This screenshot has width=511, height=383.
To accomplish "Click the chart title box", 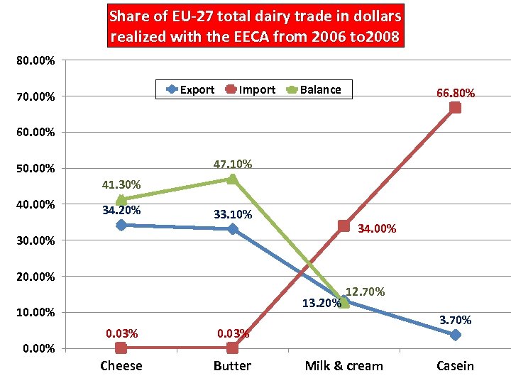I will [255, 27].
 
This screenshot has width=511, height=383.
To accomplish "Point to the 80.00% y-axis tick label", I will [35, 60].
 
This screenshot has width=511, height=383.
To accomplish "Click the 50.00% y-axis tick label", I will [35, 169].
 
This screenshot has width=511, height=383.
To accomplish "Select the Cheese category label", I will [121, 366].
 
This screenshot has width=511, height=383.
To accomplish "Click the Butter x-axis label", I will [232, 366].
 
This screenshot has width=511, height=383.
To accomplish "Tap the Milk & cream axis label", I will [344, 366].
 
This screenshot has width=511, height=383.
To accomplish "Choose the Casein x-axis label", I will [455, 366].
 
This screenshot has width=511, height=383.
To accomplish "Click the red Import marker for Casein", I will [455, 108].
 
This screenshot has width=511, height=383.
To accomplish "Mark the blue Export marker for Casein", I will [455, 335].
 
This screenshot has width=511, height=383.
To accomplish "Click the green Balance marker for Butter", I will [232, 179].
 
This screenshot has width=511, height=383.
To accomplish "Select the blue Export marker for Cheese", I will [121, 225].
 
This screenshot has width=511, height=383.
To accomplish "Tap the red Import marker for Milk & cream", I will [344, 226].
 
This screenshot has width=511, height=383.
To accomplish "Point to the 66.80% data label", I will [455, 94].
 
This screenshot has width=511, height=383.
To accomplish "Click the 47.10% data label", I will [232, 165].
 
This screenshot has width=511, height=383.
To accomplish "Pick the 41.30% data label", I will [121, 185].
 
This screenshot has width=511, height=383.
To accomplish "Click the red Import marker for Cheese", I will [121, 348].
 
